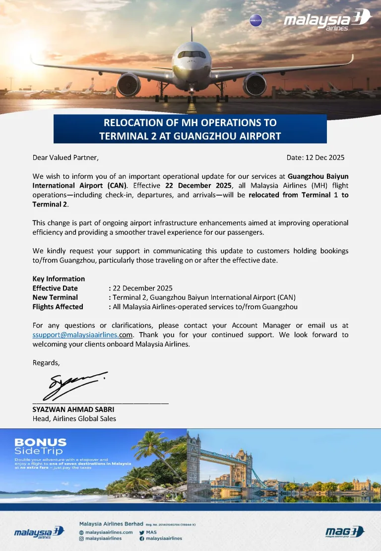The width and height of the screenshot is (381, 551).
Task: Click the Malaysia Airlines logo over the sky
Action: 327,21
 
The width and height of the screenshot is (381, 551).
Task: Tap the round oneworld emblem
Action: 255,21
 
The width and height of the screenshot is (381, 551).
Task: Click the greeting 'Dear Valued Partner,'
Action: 65,157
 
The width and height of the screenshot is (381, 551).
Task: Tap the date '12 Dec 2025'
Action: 325,157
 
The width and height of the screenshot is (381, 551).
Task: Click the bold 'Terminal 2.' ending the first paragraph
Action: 51,204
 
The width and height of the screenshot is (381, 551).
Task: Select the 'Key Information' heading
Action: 59,278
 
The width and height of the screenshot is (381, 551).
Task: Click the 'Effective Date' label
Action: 55,288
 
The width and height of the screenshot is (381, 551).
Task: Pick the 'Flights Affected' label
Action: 58,307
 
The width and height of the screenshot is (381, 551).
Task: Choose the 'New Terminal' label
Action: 55,297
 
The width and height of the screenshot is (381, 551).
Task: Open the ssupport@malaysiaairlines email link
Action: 75,335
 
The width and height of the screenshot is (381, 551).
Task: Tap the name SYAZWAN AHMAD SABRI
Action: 73,410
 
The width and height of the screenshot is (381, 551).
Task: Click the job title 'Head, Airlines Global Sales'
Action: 74,418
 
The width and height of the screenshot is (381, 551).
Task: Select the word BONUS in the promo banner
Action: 40,442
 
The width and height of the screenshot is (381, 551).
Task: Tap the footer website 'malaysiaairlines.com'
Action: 109,532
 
